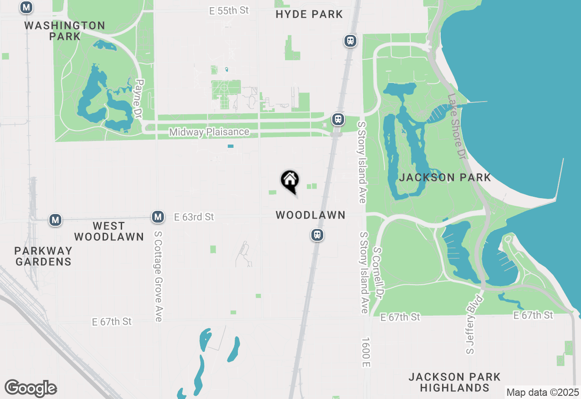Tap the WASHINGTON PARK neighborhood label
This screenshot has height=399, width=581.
(65, 31)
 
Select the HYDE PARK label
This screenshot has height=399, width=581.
(309, 15)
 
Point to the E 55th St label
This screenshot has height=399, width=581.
(229, 10)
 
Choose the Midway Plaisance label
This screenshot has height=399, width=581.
(209, 132)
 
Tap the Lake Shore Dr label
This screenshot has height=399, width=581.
(457, 126)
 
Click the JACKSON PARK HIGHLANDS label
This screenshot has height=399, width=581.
(454, 382)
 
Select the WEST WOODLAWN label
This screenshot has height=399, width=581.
(109, 231)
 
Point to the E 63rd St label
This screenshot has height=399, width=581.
(194, 217)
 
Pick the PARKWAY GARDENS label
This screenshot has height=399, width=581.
(43, 256)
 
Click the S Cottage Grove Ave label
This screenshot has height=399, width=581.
(158, 277)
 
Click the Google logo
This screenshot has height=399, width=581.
(30, 389)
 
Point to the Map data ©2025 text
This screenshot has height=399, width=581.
(542, 393)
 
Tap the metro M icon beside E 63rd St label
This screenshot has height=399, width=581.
(158, 217)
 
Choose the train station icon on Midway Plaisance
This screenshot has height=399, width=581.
(338, 119)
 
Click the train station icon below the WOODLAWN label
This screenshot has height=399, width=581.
(317, 235)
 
